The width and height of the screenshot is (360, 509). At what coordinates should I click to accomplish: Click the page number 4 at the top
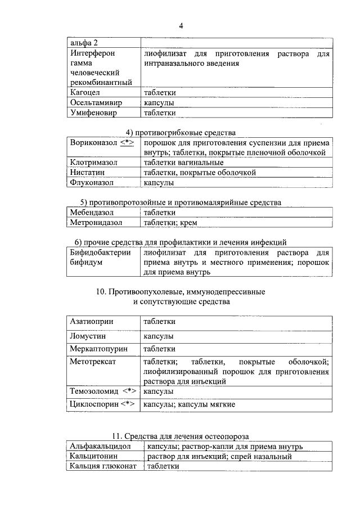tap(181, 25)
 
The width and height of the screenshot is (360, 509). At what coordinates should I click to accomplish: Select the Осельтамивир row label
tap(97, 103)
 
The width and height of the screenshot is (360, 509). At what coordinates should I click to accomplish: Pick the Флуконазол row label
tap(92, 183)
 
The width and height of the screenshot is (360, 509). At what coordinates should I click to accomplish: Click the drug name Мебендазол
tap(92, 213)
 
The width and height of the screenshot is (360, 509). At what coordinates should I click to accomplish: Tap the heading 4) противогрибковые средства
tap(180, 132)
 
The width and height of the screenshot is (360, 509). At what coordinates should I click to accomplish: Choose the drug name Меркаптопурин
tap(99, 349)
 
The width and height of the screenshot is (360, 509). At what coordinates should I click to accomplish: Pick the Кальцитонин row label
tap(94, 456)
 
